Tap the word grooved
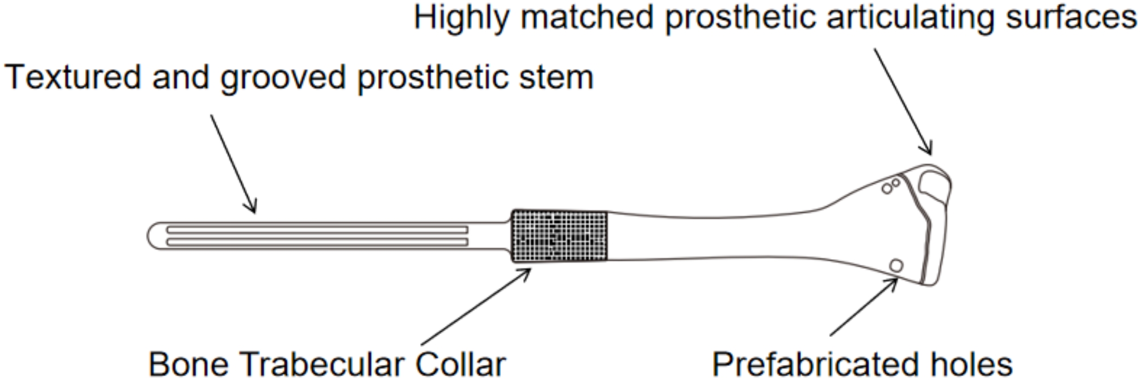click(x=283, y=78)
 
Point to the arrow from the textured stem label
click(x=233, y=164)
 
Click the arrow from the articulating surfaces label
click(x=903, y=102)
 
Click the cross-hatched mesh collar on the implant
click(x=560, y=236)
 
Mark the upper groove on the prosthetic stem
click(x=318, y=230)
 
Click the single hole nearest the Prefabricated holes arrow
click(x=896, y=265)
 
